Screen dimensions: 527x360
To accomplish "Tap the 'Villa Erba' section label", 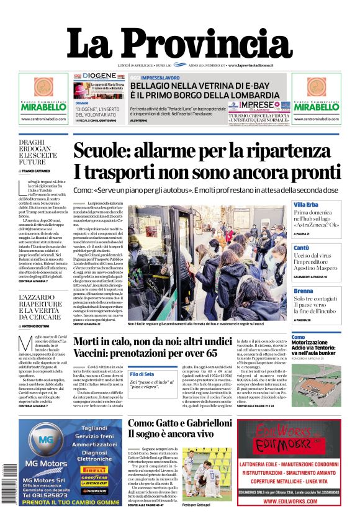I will (x=305, y=204).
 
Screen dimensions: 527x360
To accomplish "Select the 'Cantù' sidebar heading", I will (x=302, y=248).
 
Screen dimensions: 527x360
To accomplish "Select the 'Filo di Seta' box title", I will (x=142, y=374).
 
